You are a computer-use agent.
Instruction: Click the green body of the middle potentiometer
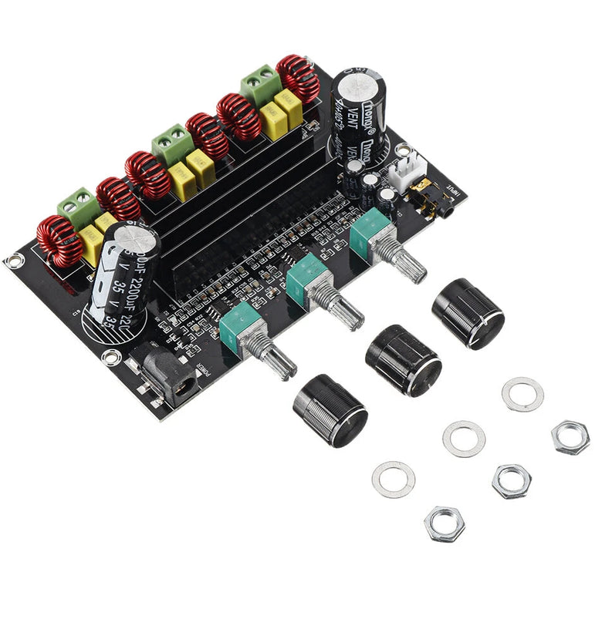tap(306, 276)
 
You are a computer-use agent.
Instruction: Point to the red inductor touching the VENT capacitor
tap(298, 77)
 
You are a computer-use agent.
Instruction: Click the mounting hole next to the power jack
tap(112, 356)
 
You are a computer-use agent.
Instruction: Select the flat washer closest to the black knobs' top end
tap(523, 393)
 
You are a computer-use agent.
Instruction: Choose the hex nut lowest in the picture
tap(444, 523)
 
